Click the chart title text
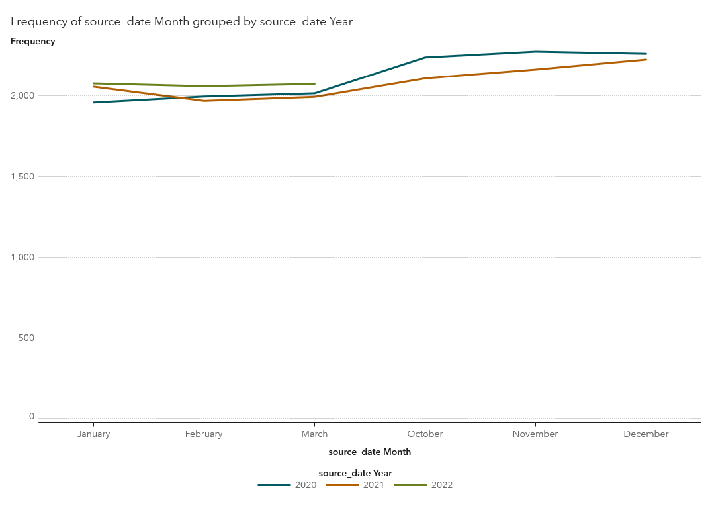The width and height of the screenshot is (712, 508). coord(181,21)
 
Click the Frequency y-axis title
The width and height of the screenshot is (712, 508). coord(32,41)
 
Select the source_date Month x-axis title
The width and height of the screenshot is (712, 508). coord(369,452)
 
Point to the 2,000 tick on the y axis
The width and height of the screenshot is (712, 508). coord(22,95)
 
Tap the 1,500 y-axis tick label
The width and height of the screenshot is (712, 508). coord(22,176)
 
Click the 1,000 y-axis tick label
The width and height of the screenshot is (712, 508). coord(22,257)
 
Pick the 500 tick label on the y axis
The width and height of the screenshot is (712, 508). coord(26,338)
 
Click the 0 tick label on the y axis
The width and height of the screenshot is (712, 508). coord(32,416)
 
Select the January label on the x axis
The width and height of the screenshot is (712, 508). coord(93,434)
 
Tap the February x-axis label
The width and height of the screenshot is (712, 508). coord(204,434)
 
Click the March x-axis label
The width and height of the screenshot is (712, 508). coord(314,434)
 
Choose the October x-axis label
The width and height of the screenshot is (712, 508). coord(425,434)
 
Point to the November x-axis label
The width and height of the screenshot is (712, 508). coord(535,434)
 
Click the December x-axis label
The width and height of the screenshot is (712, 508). coord(646,434)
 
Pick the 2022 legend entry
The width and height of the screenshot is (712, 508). coord(423,485)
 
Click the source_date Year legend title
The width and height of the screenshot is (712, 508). coord(355,473)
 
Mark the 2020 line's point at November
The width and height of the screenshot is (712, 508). coord(535,52)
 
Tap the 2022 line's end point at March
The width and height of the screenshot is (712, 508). coord(314,84)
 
